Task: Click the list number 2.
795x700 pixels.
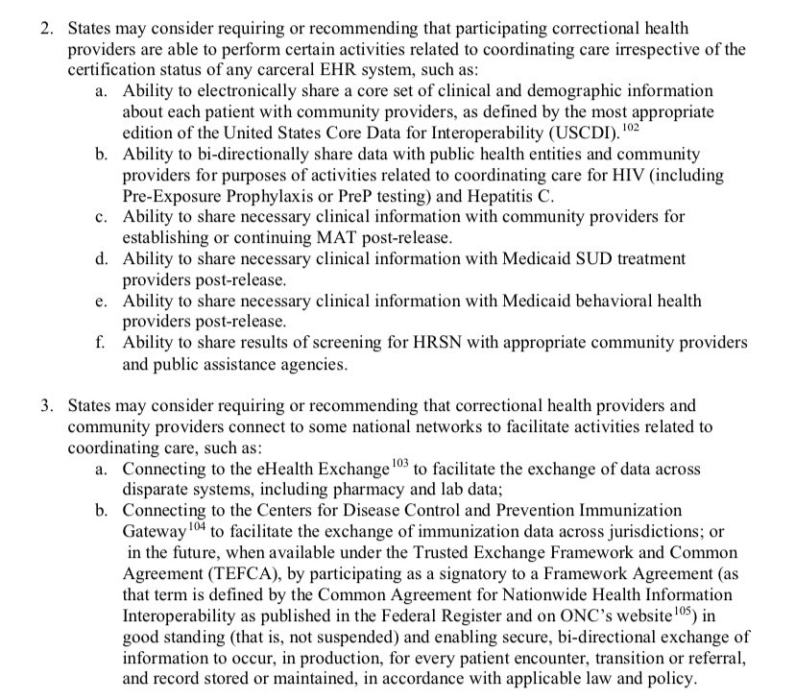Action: coord(45,30)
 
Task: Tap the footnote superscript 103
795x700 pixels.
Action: coord(400,464)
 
